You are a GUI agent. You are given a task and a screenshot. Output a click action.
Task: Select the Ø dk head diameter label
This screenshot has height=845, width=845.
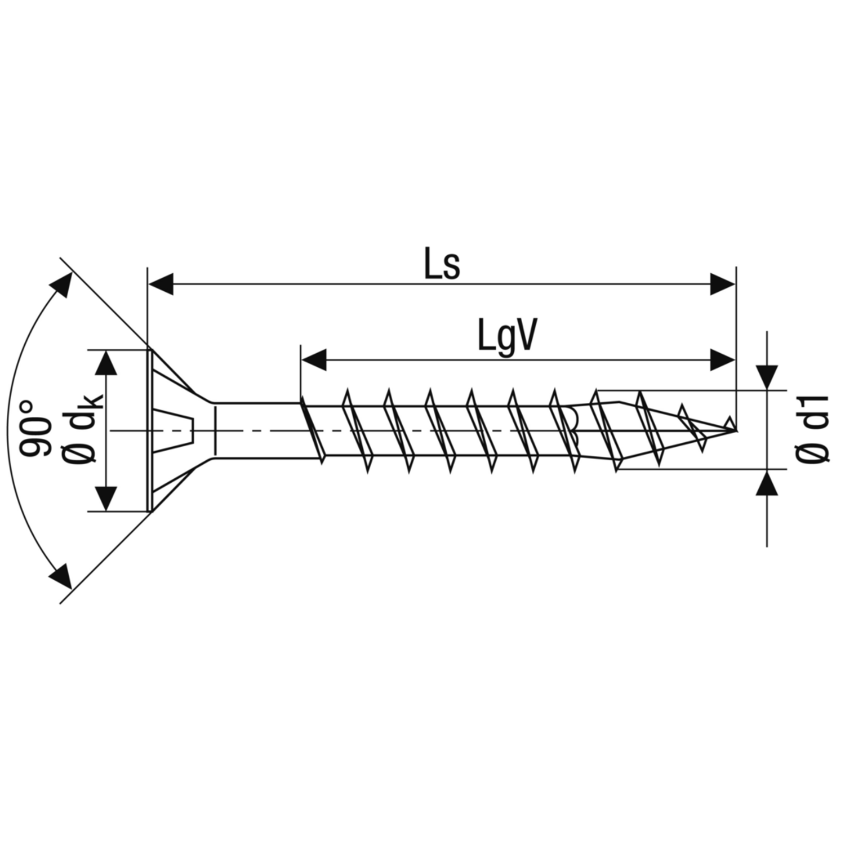click(84, 430)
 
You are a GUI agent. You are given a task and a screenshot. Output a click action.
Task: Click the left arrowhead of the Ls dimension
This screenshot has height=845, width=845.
click(160, 284)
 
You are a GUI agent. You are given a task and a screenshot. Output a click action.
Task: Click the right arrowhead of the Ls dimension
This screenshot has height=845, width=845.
click(723, 284)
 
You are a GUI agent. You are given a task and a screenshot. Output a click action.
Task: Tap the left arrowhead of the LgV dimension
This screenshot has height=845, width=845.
click(314, 360)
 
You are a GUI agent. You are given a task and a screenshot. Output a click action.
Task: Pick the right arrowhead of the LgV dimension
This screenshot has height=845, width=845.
click(723, 360)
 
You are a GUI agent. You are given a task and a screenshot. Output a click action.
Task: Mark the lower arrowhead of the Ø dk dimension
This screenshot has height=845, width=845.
click(106, 499)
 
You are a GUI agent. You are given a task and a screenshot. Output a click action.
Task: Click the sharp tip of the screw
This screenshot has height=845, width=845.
click(735, 430)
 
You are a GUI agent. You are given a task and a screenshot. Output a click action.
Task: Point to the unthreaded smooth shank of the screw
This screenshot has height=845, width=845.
click(256, 430)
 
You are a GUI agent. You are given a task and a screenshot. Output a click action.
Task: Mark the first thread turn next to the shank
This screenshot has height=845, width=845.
click(312, 430)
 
